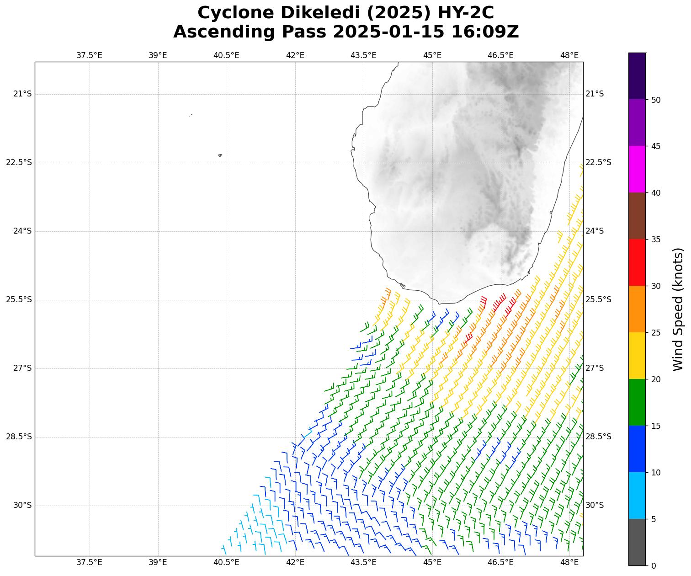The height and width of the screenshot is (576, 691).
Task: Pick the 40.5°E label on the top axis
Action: (226, 55)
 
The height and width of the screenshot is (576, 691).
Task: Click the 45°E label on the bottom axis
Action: (432, 562)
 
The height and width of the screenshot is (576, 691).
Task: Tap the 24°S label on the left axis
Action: (22, 231)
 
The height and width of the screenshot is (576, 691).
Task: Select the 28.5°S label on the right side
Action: (598, 437)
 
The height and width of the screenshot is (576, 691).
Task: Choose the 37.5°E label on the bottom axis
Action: (89, 562)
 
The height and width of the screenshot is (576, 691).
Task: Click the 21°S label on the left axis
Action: (22, 94)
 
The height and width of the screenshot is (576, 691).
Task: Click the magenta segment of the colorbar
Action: (637, 169)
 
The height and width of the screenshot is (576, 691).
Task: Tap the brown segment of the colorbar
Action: (637, 216)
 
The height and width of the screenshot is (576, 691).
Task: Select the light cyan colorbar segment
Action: (637, 496)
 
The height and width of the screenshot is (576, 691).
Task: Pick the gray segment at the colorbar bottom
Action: (637, 542)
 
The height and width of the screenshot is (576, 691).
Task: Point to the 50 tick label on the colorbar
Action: (656, 100)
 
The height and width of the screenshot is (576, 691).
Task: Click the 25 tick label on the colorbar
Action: (656, 333)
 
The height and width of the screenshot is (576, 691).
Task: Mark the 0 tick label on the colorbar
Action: (654, 566)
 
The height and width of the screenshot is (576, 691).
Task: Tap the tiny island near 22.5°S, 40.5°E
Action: (220, 155)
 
